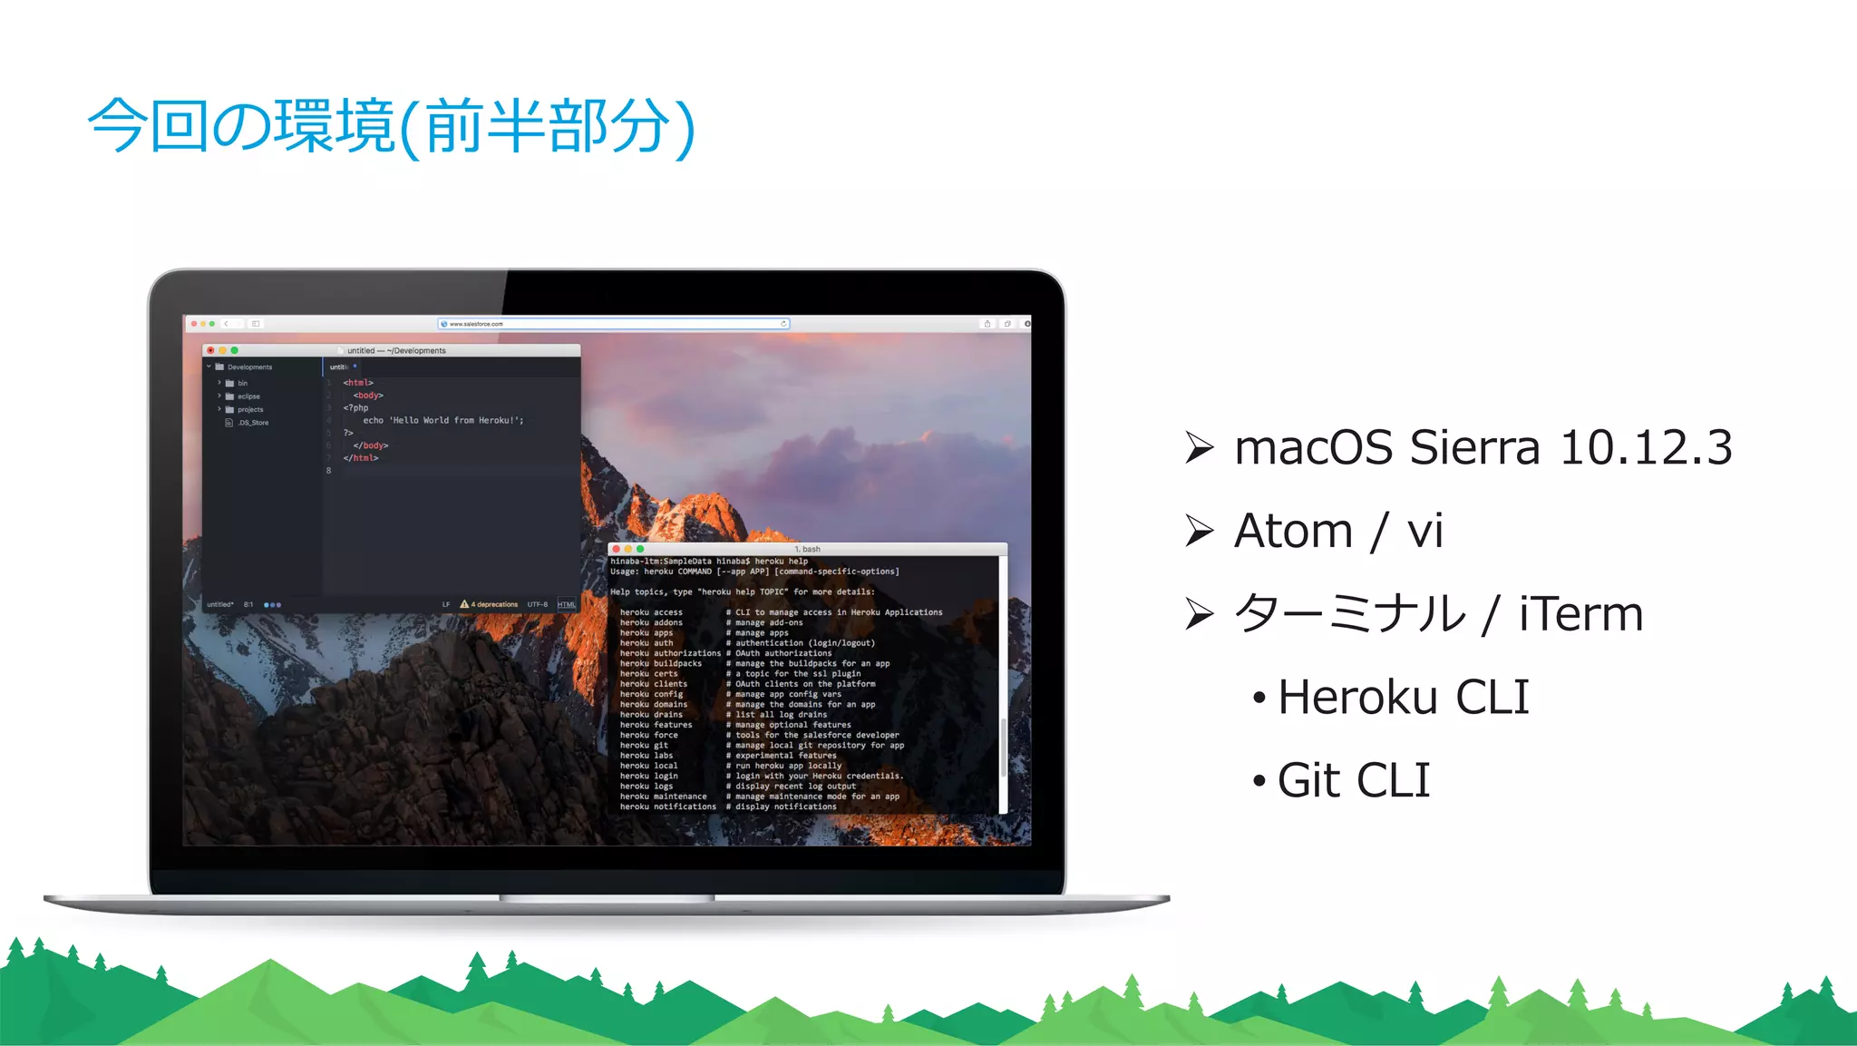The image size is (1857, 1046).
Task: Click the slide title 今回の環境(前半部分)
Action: tap(392, 126)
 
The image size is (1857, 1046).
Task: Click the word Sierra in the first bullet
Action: tap(1474, 447)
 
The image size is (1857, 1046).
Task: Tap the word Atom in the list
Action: tap(1293, 531)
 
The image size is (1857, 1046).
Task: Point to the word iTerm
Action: tap(1580, 614)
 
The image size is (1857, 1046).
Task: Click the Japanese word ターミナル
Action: tap(1350, 614)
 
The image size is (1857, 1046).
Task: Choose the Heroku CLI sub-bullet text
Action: tap(1403, 698)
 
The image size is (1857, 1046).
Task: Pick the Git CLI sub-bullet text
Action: tap(1353, 781)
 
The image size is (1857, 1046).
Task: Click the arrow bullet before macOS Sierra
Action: tap(1199, 448)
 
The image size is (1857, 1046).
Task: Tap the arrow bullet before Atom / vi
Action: tap(1199, 532)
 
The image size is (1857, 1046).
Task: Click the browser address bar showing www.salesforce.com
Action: tap(613, 324)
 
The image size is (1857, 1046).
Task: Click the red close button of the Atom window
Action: tap(210, 350)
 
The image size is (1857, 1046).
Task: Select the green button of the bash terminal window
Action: tap(640, 549)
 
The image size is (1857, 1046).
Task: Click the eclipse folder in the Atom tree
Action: tap(248, 396)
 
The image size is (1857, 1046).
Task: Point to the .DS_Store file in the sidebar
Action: tap(253, 423)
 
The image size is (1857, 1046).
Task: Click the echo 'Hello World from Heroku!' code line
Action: tap(442, 421)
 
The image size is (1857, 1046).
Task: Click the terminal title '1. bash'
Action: tap(807, 549)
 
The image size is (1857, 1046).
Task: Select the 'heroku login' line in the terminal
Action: tap(649, 776)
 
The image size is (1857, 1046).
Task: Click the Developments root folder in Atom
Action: tap(249, 367)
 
